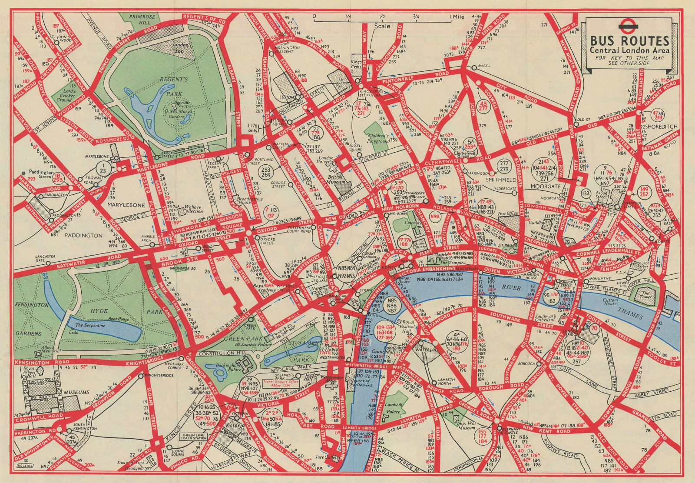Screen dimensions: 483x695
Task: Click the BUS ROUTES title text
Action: point(629,41)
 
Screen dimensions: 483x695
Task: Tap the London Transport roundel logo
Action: point(629,26)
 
